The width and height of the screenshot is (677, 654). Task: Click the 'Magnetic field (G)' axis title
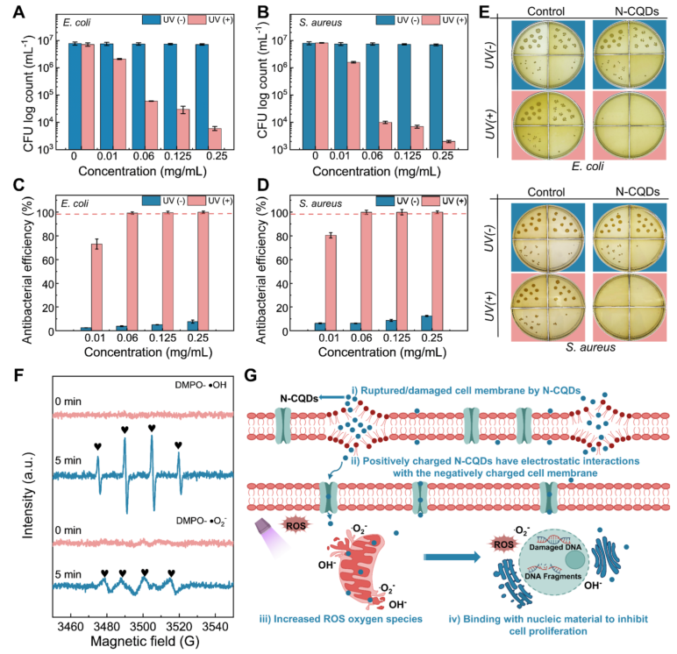[142, 640]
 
